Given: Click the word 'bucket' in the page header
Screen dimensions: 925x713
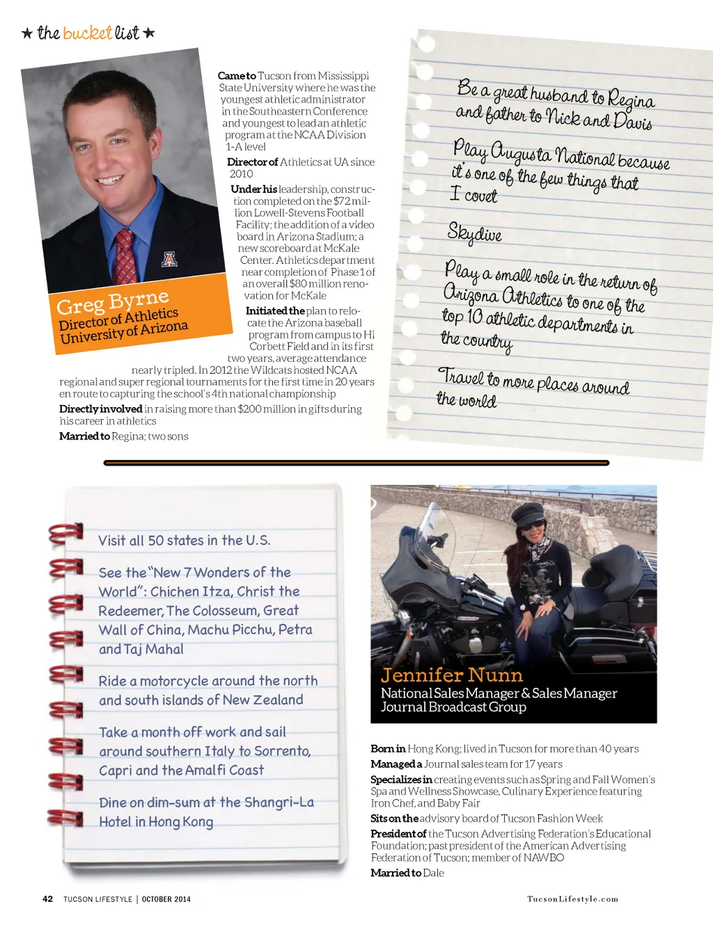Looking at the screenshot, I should pos(87,33).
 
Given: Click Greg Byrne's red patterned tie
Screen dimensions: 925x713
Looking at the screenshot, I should pos(125,256).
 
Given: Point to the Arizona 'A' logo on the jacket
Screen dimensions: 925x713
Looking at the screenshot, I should pos(169,259).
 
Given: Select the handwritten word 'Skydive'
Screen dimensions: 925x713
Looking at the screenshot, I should pos(474,233).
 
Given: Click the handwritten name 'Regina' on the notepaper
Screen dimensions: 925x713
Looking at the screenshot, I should pos(631,100).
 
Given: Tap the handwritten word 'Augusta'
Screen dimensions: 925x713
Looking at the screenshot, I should pos(520,152).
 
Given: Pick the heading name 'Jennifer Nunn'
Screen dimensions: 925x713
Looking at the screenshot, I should pos(451,675).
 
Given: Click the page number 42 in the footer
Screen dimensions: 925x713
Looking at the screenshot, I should pos(47,899).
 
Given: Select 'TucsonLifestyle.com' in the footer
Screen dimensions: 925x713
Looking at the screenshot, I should pos(572,899).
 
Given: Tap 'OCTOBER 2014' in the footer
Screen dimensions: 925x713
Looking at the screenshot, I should pos(166,899).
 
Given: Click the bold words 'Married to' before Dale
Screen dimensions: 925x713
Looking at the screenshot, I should pos(395,873).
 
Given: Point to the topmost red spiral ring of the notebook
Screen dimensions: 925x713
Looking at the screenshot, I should pos(66,533).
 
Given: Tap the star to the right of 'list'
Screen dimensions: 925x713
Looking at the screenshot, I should pos(149,33).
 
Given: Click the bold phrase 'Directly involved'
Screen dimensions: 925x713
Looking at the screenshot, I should pos(100,409).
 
